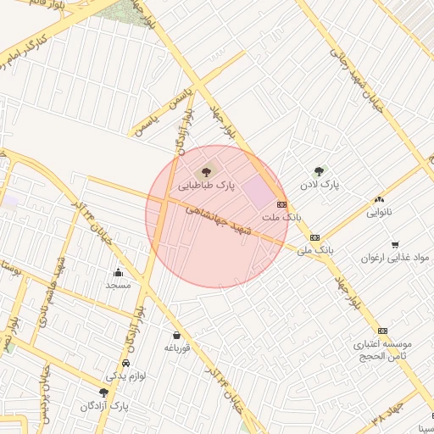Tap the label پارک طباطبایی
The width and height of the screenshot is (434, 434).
(x=207, y=184)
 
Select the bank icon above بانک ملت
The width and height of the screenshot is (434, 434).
(x=281, y=205)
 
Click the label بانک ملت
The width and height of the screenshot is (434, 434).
(x=281, y=218)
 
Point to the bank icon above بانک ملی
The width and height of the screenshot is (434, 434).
(x=314, y=238)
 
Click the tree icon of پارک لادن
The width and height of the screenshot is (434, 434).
(x=319, y=171)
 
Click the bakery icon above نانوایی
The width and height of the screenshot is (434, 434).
(x=379, y=200)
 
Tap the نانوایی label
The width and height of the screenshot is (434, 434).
(x=379, y=213)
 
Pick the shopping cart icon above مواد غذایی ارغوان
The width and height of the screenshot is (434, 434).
(x=395, y=244)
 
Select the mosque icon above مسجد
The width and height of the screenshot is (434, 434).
(x=118, y=272)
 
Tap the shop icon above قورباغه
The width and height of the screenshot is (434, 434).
(x=176, y=335)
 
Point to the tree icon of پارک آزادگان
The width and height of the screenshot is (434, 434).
(x=103, y=392)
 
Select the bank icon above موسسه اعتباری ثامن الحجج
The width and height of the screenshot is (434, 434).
(x=382, y=331)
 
